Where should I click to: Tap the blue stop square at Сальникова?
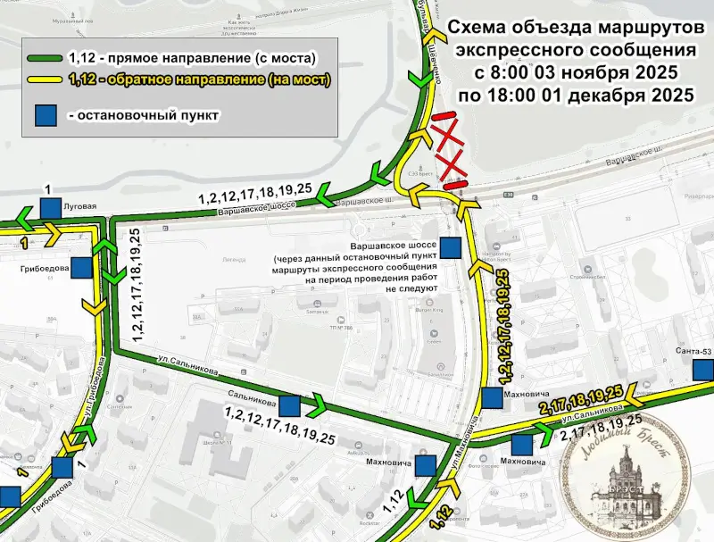point(290,405)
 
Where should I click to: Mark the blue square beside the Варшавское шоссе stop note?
point(453,246)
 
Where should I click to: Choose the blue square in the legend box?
point(46,116)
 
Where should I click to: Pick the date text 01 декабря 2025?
point(607,94)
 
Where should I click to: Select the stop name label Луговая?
point(79,204)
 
